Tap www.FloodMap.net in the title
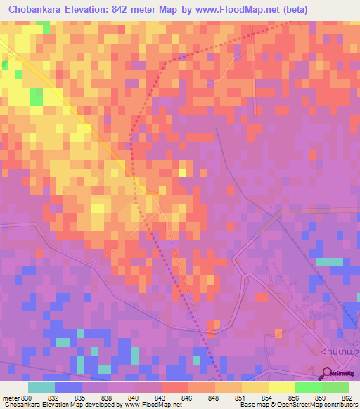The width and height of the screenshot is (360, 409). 228,10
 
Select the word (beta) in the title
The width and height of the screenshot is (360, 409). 292,10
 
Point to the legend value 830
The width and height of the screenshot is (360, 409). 26,398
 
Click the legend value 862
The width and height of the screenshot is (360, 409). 347,398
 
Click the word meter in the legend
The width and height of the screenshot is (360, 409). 10,398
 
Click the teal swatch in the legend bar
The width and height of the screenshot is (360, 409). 41,387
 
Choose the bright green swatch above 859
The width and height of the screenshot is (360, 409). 308,387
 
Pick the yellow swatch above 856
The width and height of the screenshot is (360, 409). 281,387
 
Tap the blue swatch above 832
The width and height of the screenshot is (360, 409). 67,387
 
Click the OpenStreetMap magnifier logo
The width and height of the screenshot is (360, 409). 328,373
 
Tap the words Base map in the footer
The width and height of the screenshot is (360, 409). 243,405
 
